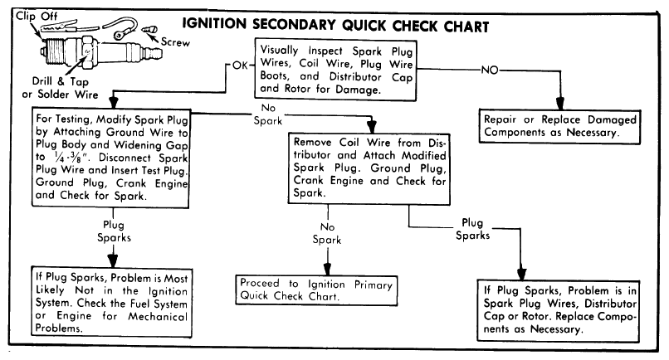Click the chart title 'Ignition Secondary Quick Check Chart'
pyautogui.click(x=335, y=25)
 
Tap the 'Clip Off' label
pyautogui.click(x=37, y=16)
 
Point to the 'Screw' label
pyautogui.click(x=175, y=41)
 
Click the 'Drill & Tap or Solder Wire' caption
pyautogui.click(x=60, y=88)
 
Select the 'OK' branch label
pyautogui.click(x=240, y=66)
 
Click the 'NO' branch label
pyautogui.click(x=490, y=70)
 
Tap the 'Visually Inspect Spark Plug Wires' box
pyautogui.click(x=335, y=70)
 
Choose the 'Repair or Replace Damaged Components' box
pyautogui.click(x=559, y=126)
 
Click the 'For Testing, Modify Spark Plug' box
pyautogui.click(x=110, y=158)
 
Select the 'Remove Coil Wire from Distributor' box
pyautogui.click(x=369, y=168)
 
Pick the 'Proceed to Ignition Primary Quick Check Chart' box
pyautogui.click(x=316, y=290)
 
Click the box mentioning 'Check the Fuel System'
pyautogui.click(x=111, y=302)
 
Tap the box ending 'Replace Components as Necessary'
pyautogui.click(x=559, y=310)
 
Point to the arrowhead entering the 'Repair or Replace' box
pyautogui.click(x=559, y=104)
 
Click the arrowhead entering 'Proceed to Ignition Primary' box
pyautogui.click(x=327, y=269)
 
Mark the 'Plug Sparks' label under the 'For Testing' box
pyautogui.click(x=114, y=231)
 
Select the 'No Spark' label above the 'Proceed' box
pyautogui.click(x=327, y=233)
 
